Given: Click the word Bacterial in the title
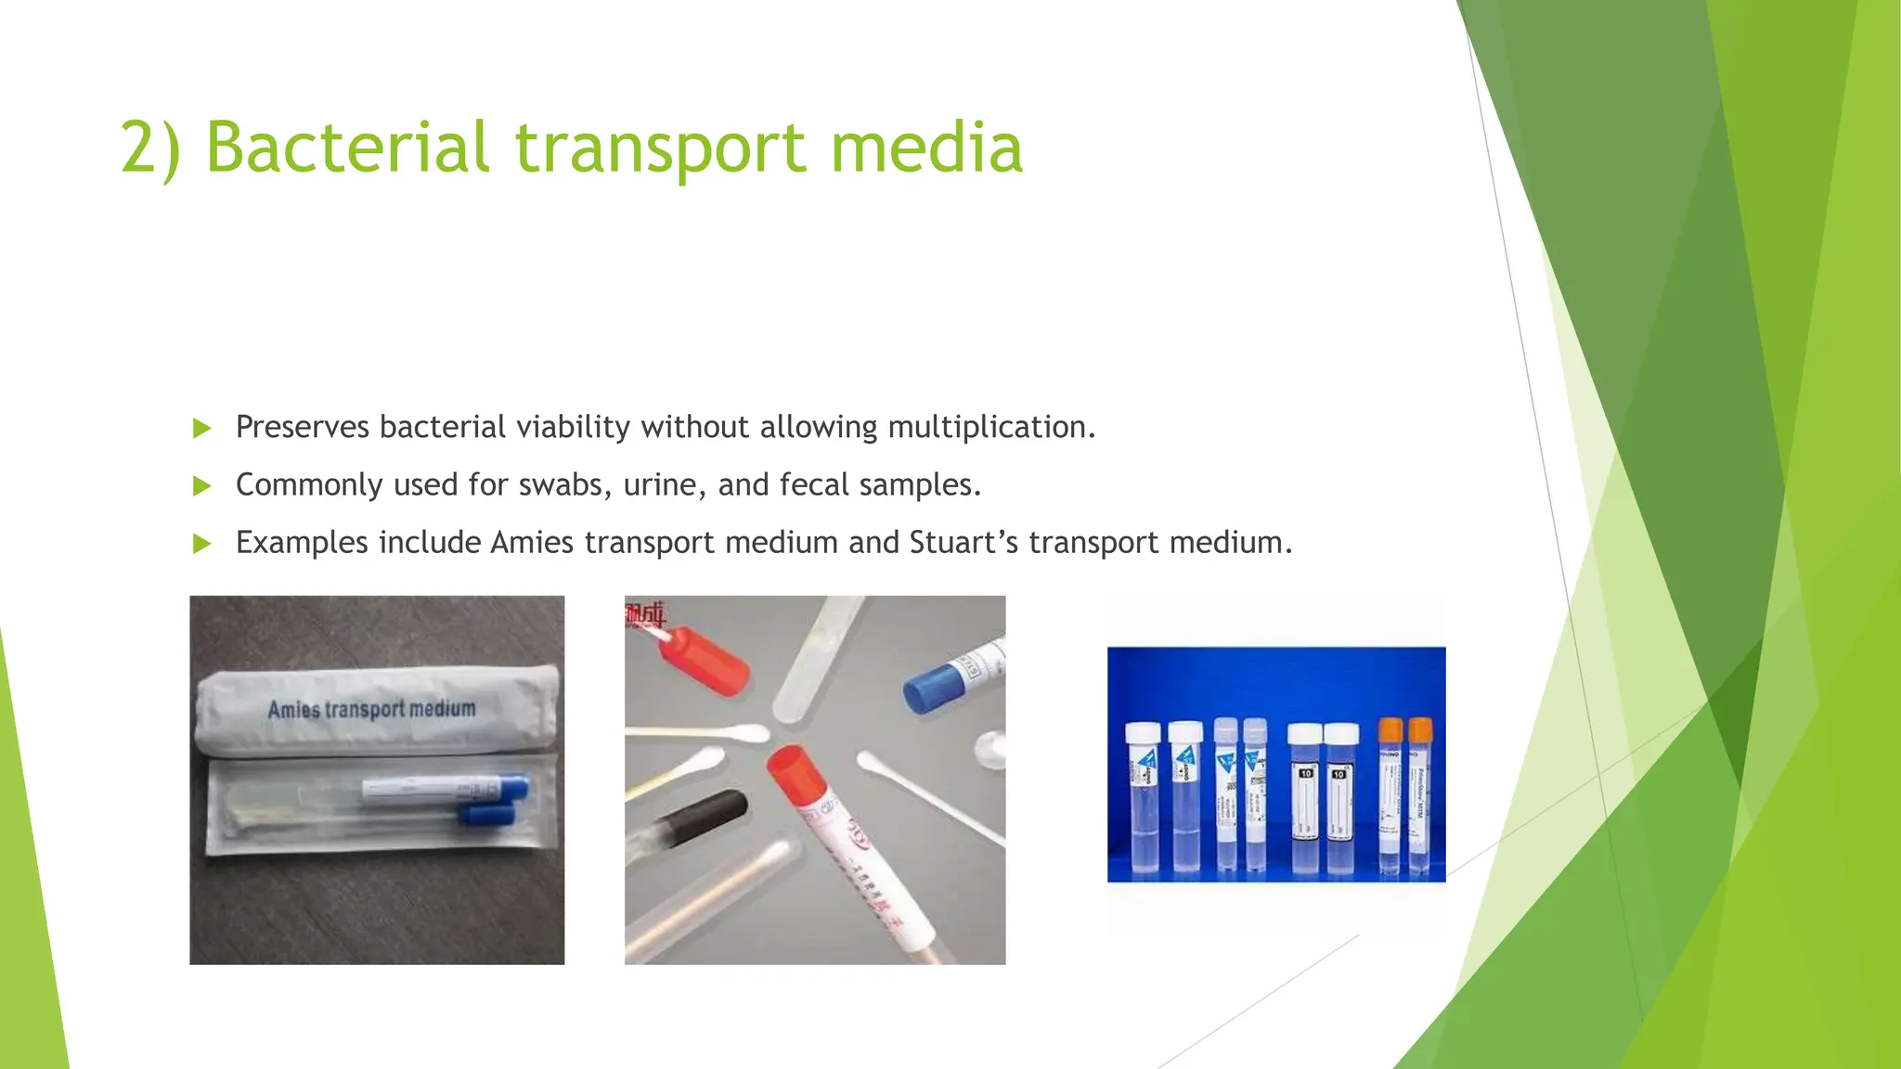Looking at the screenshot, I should pyautogui.click(x=347, y=148).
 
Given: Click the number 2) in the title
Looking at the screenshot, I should pyautogui.click(x=150, y=148).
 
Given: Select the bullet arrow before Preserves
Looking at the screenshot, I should pyautogui.click(x=201, y=428).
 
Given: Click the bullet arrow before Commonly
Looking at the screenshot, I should pyautogui.click(x=201, y=485).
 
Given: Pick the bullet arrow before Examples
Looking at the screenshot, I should pyautogui.click(x=201, y=544).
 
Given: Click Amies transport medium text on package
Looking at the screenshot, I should pyautogui.click(x=371, y=710).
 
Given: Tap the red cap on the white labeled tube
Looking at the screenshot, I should pyautogui.click(x=797, y=778).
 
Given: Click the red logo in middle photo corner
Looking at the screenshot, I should pyautogui.click(x=645, y=615).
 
